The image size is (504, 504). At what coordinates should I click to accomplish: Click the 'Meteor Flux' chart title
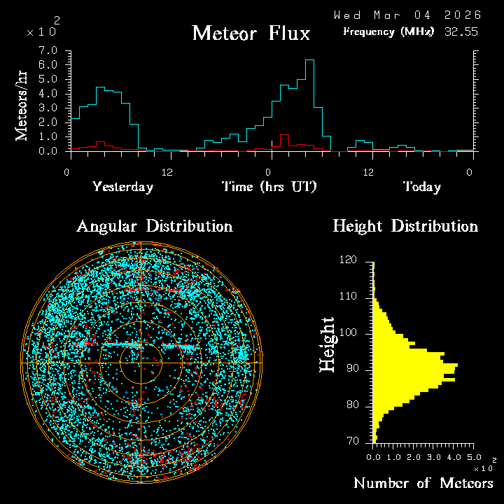(251, 34)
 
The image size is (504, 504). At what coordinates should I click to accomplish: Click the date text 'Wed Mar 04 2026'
(407, 15)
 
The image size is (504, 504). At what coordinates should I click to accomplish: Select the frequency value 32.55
(461, 31)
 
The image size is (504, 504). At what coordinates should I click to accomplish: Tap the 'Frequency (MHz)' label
(388, 31)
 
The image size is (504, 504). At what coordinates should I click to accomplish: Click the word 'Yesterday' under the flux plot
(122, 187)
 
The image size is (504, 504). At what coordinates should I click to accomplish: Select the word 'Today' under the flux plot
(421, 187)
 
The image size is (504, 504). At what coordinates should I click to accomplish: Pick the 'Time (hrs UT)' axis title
(269, 187)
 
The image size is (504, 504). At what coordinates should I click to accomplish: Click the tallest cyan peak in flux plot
(309, 60)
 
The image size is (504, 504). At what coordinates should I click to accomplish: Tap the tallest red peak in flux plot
(284, 135)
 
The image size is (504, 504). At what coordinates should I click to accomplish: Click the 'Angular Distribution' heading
(155, 227)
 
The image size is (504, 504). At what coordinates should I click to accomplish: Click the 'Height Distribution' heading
(405, 227)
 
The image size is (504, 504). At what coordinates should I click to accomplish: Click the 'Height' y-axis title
(328, 344)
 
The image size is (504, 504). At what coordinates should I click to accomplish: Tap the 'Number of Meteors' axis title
(423, 484)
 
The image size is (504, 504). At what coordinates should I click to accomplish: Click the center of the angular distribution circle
(141, 363)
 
